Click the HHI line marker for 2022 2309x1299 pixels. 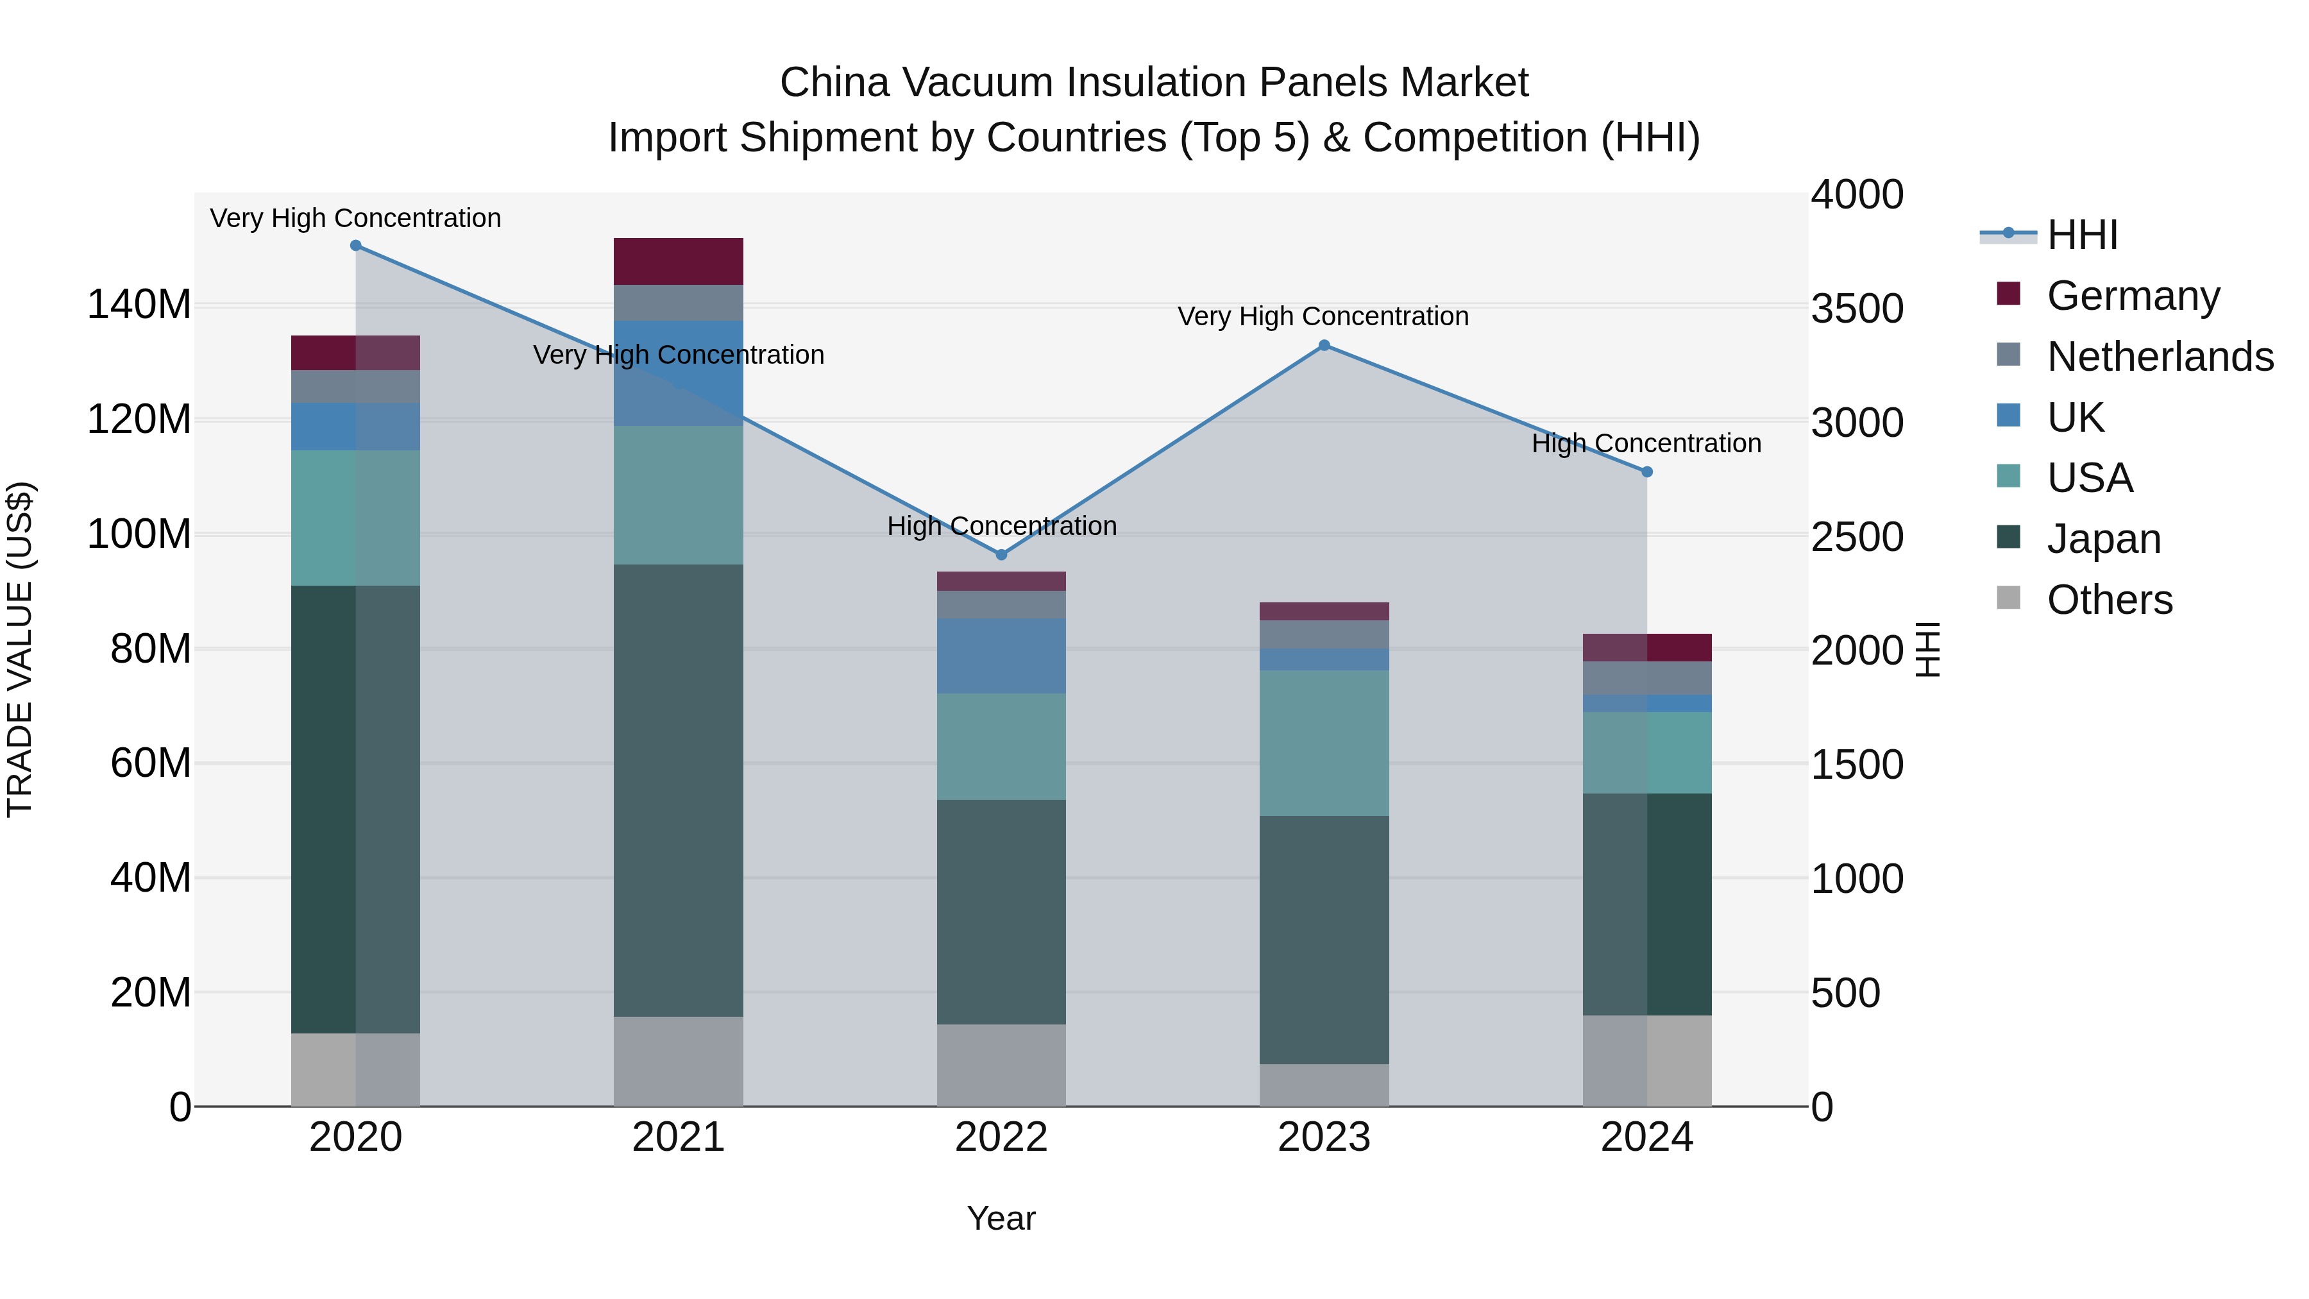click(1001, 555)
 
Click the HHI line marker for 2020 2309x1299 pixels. click(356, 246)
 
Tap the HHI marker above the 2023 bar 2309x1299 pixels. click(1324, 345)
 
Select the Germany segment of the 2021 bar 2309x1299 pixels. click(679, 261)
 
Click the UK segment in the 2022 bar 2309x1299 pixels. click(1001, 656)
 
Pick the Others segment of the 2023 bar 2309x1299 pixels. click(1324, 1085)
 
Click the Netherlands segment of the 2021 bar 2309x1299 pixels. click(679, 303)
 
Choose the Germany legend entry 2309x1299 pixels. click(2133, 296)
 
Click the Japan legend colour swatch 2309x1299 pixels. click(2009, 538)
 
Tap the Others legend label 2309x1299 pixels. click(2110, 600)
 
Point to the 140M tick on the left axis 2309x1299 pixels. click(139, 305)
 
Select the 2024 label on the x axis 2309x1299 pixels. click(1646, 1137)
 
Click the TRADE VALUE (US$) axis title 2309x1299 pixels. click(20, 649)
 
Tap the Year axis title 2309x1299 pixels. click(1001, 1218)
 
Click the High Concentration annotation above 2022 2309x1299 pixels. click(1001, 526)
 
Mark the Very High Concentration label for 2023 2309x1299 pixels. click(1323, 316)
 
